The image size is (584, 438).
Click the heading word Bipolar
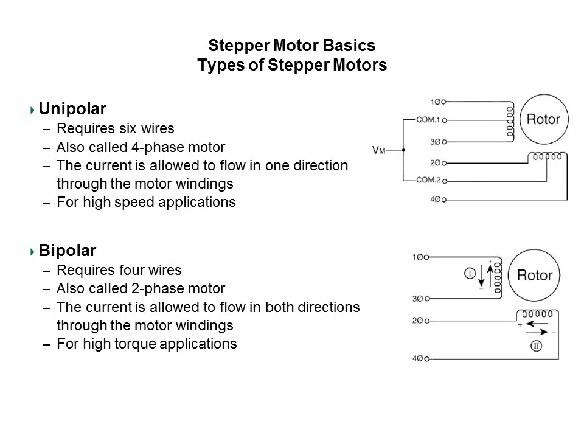click(67, 250)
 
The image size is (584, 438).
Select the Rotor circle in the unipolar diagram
click(543, 119)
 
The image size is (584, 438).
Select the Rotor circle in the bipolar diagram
click(534, 276)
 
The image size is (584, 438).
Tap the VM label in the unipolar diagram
click(379, 149)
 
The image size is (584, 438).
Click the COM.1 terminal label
click(428, 120)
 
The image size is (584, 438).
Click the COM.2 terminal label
click(428, 180)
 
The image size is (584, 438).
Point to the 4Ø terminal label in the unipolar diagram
click(435, 200)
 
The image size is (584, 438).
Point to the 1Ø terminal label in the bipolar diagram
click(418, 258)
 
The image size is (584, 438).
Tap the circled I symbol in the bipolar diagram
click(470, 274)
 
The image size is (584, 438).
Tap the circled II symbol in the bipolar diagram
click(537, 346)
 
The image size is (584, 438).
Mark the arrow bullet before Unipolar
click(32, 110)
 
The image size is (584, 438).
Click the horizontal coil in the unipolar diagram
click(547, 157)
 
